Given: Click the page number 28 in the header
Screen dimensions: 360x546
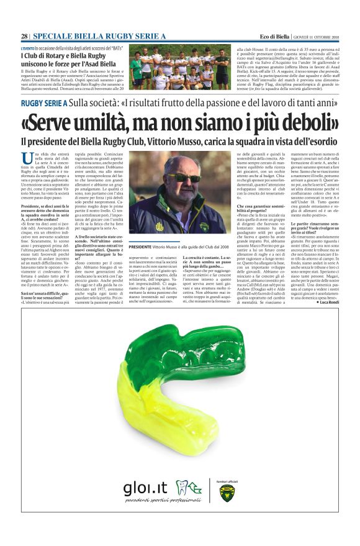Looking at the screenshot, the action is pos(24,36).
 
